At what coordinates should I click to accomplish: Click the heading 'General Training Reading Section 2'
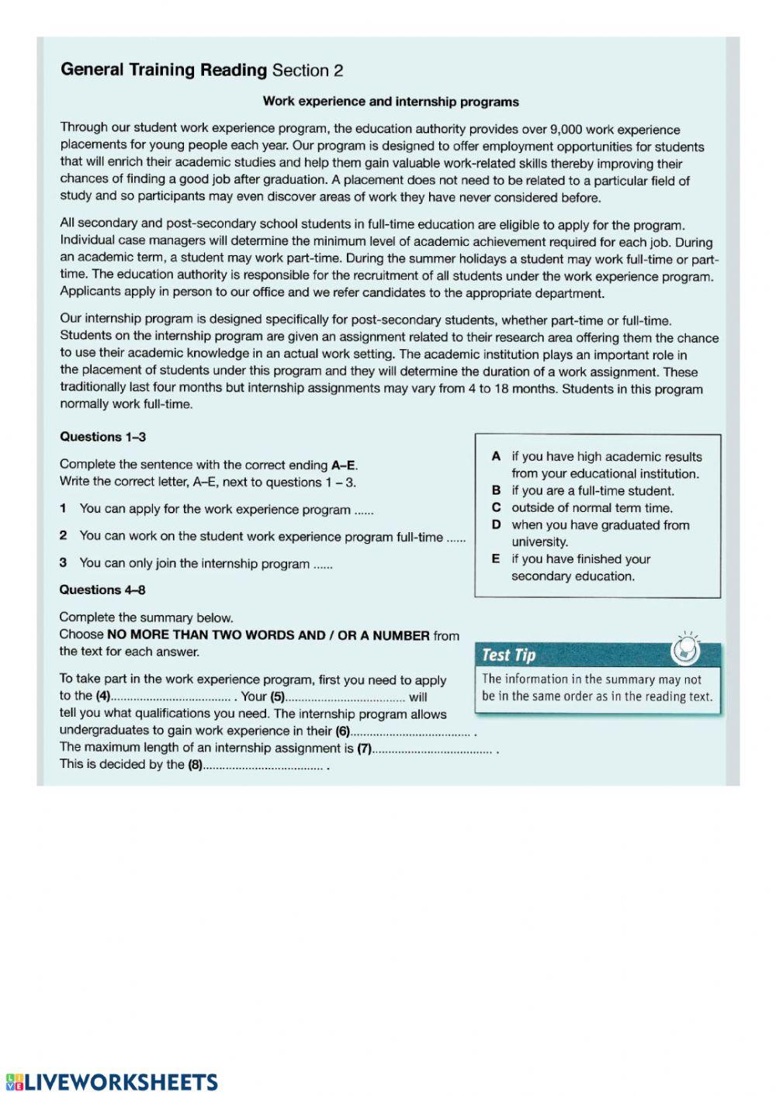(x=202, y=71)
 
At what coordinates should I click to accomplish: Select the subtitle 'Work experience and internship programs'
(x=390, y=102)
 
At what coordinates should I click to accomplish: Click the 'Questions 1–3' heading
(x=102, y=437)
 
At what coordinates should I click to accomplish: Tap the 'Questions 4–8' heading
(x=102, y=589)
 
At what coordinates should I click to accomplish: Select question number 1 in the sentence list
(x=64, y=509)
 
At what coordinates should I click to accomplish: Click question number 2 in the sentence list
(x=64, y=535)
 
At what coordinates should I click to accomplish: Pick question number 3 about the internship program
(x=64, y=563)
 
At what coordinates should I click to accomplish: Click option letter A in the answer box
(x=496, y=457)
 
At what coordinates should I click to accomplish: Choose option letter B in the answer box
(x=496, y=491)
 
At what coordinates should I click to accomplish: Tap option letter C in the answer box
(x=496, y=508)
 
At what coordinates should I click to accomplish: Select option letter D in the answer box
(x=496, y=525)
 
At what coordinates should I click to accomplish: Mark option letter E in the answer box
(x=496, y=559)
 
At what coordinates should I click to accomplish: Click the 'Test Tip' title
(x=508, y=655)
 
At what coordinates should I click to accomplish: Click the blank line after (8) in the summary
(x=263, y=766)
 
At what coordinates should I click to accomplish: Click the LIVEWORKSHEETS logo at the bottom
(x=112, y=1082)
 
